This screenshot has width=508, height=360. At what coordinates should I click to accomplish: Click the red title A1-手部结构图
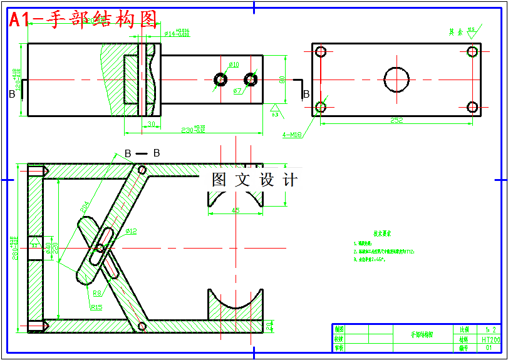(x=83, y=19)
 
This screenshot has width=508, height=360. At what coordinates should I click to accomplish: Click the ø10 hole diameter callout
(x=234, y=64)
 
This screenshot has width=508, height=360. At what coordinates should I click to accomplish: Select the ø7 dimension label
(x=237, y=91)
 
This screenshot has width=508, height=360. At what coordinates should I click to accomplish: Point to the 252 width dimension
(x=396, y=120)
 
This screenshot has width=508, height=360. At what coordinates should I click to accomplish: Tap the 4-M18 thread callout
(x=292, y=134)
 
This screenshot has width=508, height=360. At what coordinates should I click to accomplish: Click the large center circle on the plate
(x=397, y=80)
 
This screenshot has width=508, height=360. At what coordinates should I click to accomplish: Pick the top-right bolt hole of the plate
(x=473, y=51)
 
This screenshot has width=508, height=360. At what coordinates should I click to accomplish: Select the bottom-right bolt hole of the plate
(x=473, y=107)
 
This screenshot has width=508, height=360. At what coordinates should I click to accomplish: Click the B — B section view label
(x=142, y=153)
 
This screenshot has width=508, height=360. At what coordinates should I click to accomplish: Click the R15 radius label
(x=96, y=307)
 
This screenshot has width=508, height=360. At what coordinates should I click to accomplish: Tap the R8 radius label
(x=97, y=292)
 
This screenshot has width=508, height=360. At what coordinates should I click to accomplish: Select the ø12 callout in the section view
(x=131, y=231)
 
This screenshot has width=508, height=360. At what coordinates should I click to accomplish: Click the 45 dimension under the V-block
(x=235, y=210)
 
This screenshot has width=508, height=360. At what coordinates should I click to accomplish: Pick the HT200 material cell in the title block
(x=490, y=339)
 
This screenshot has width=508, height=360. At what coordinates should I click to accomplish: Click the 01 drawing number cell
(x=490, y=347)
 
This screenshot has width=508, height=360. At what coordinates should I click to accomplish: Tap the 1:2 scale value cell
(x=490, y=329)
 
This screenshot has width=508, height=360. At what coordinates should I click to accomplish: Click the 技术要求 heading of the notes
(x=382, y=233)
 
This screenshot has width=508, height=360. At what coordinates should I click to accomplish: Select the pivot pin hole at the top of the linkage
(x=142, y=170)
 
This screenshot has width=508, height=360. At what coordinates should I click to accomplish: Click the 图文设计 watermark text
(x=254, y=180)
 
